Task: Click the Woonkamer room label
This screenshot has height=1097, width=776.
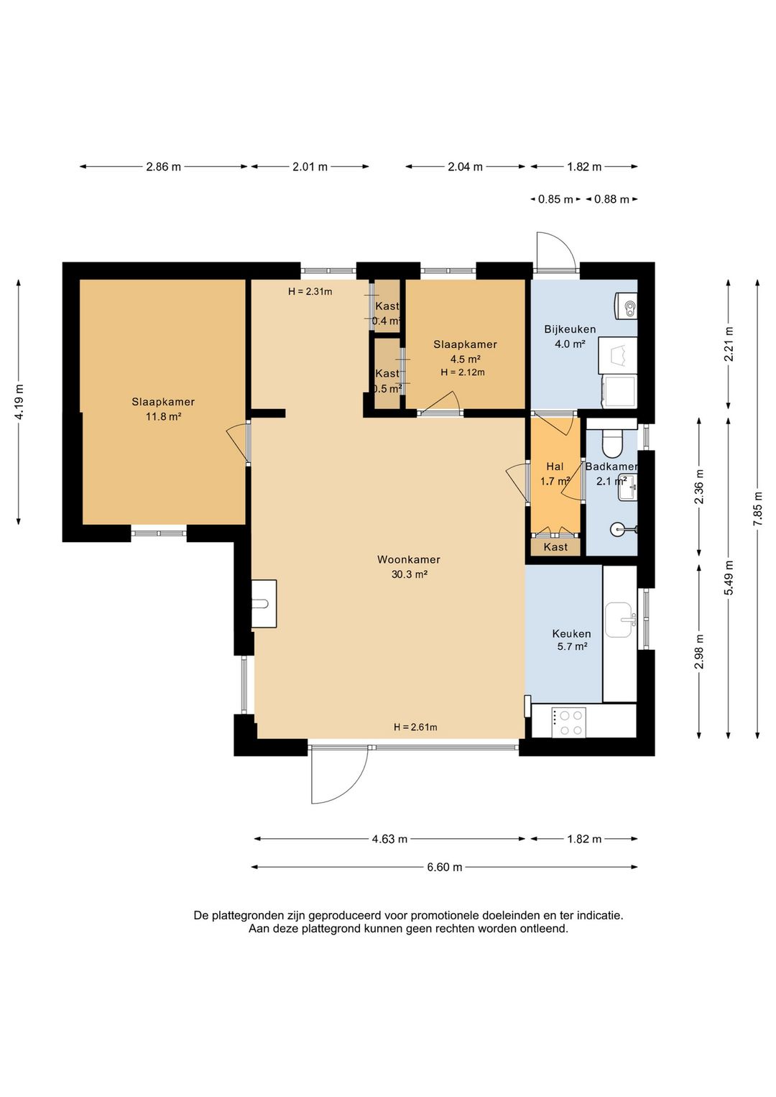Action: pyautogui.click(x=408, y=559)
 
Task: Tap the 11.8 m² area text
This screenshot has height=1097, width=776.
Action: pyautogui.click(x=163, y=417)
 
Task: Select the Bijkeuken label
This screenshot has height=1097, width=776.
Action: pyautogui.click(x=570, y=329)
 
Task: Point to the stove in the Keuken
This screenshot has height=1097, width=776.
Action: pyautogui.click(x=569, y=722)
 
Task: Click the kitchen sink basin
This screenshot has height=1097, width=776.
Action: pyautogui.click(x=619, y=620)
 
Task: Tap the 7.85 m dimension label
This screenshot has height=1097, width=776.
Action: pyautogui.click(x=758, y=509)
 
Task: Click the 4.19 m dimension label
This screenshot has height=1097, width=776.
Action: pyautogui.click(x=19, y=402)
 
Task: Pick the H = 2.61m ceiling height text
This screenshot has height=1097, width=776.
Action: pyautogui.click(x=415, y=727)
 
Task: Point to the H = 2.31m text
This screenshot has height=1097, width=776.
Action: pyautogui.click(x=310, y=292)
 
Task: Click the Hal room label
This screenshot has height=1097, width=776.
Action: pyautogui.click(x=555, y=467)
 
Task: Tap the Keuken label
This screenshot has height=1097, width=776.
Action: pyautogui.click(x=571, y=634)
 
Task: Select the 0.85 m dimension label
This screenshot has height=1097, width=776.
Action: pyautogui.click(x=555, y=199)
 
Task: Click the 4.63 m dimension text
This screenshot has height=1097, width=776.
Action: pyautogui.click(x=389, y=839)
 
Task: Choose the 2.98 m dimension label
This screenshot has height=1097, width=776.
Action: pyautogui.click(x=700, y=651)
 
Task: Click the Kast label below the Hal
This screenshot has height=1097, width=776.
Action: pyautogui.click(x=555, y=546)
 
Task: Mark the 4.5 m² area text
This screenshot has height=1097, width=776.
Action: pyautogui.click(x=465, y=359)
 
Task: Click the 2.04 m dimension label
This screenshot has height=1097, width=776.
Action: pyautogui.click(x=465, y=167)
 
